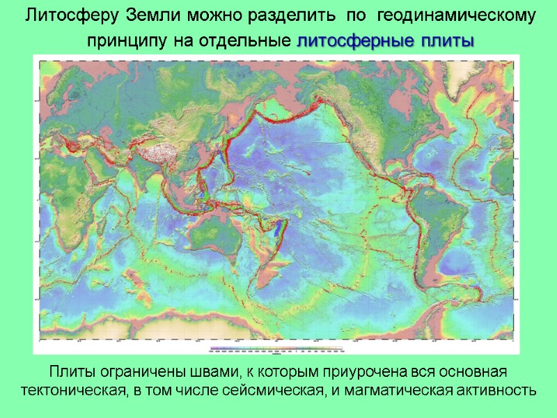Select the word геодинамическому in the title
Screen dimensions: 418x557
point(463,15)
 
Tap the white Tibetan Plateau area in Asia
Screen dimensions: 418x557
point(155,149)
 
